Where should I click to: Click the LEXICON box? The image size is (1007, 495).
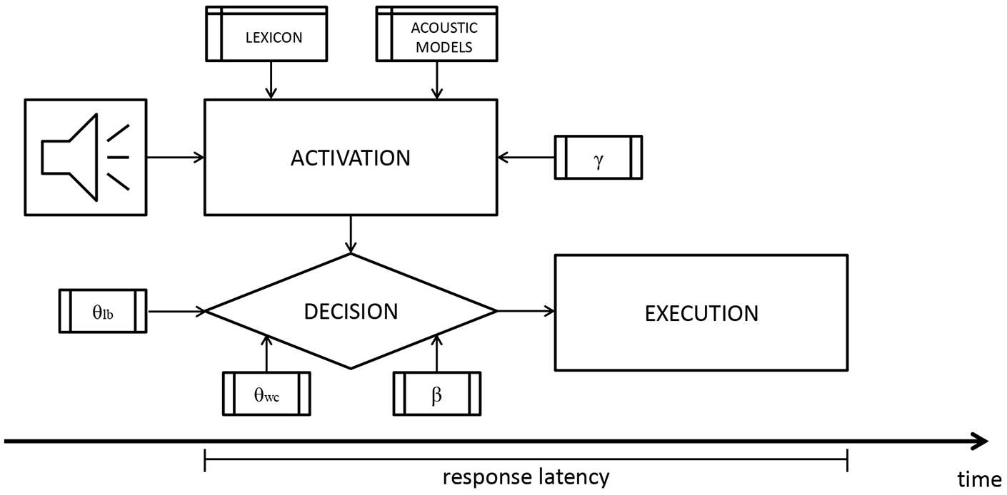[266, 34]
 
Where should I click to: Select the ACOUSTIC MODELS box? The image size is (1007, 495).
[436, 34]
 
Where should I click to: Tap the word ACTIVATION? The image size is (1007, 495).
[351, 158]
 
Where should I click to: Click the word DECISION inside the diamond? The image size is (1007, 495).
[351, 312]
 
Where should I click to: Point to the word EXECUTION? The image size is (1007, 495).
[701, 313]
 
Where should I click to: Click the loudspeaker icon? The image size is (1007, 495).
[86, 158]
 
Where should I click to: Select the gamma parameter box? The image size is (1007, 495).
[598, 158]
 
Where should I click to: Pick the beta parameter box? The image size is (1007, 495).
[437, 394]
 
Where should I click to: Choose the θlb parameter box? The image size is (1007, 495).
[103, 311]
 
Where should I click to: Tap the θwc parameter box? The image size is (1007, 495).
[266, 394]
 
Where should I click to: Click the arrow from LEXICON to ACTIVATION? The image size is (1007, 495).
[271, 80]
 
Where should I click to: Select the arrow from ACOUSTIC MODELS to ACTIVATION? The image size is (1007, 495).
[437, 80]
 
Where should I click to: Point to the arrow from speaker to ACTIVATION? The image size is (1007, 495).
[176, 158]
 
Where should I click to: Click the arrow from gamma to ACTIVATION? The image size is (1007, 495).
[526, 158]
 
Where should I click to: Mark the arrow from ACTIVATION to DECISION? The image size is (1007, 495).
[351, 235]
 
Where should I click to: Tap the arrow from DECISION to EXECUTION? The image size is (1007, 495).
[526, 310]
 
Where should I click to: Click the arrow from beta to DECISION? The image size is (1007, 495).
[437, 353]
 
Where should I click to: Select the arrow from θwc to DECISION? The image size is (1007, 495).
[266, 353]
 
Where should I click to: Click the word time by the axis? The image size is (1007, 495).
[979, 479]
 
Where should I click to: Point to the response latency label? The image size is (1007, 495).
[526, 477]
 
